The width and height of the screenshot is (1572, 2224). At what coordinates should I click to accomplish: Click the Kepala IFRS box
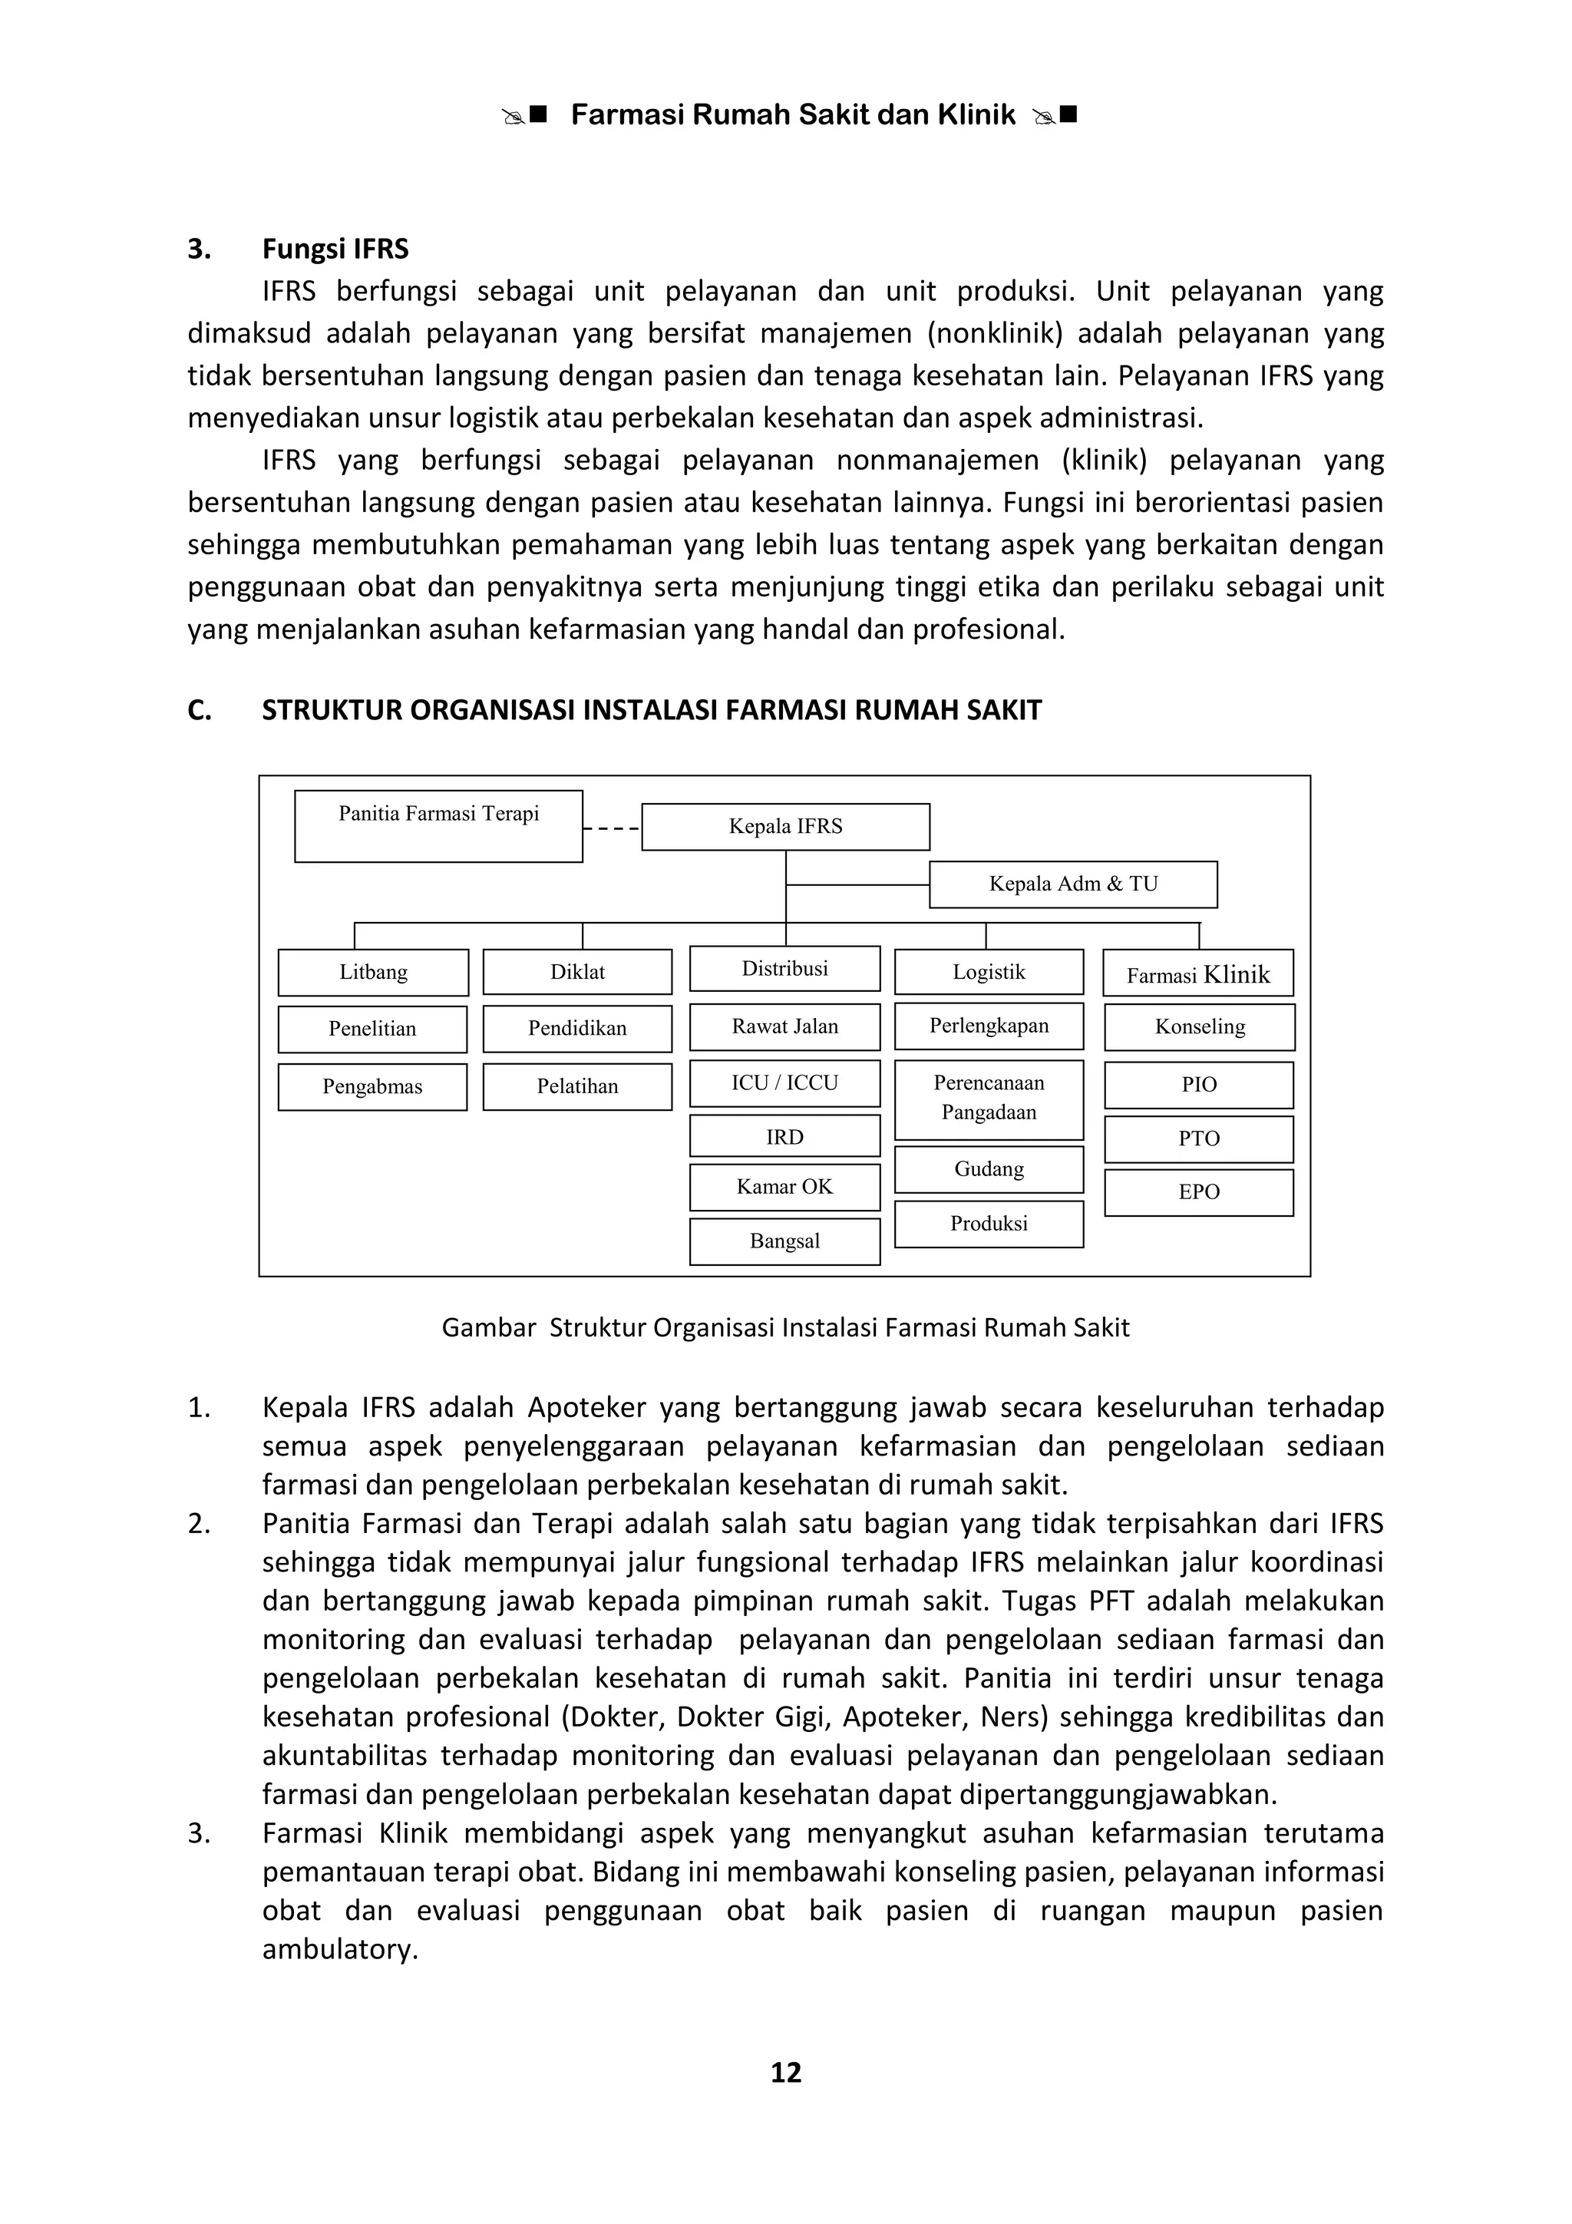point(785,826)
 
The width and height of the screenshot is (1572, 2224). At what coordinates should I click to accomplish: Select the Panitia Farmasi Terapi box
point(439,825)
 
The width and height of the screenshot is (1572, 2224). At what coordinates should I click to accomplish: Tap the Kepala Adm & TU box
point(1073,884)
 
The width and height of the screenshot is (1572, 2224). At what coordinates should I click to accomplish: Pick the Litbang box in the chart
point(373,972)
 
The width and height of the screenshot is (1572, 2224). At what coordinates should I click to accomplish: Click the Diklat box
point(577,972)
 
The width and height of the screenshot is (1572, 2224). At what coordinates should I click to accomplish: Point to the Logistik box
point(989,972)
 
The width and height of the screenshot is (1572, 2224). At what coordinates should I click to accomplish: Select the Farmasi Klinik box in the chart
point(1198,973)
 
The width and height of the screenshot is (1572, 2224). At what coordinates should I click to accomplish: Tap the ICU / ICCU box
point(784,1083)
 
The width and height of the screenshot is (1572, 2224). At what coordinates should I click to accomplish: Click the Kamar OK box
point(784,1187)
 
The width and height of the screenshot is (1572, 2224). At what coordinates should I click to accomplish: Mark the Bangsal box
point(784,1241)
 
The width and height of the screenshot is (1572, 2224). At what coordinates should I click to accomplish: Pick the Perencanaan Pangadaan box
point(989,1099)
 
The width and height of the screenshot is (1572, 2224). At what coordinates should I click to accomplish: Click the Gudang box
point(989,1169)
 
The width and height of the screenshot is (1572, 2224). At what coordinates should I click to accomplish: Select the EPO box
point(1198,1191)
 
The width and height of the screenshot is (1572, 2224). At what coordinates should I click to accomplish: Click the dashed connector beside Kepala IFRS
point(612,829)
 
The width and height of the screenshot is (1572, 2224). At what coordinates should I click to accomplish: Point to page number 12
point(785,2072)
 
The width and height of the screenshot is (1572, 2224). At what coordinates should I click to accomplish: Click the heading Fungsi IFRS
point(335,249)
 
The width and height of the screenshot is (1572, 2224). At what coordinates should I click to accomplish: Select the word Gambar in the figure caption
point(489,1327)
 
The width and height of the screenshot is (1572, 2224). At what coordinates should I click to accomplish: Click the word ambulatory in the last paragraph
point(340,1949)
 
